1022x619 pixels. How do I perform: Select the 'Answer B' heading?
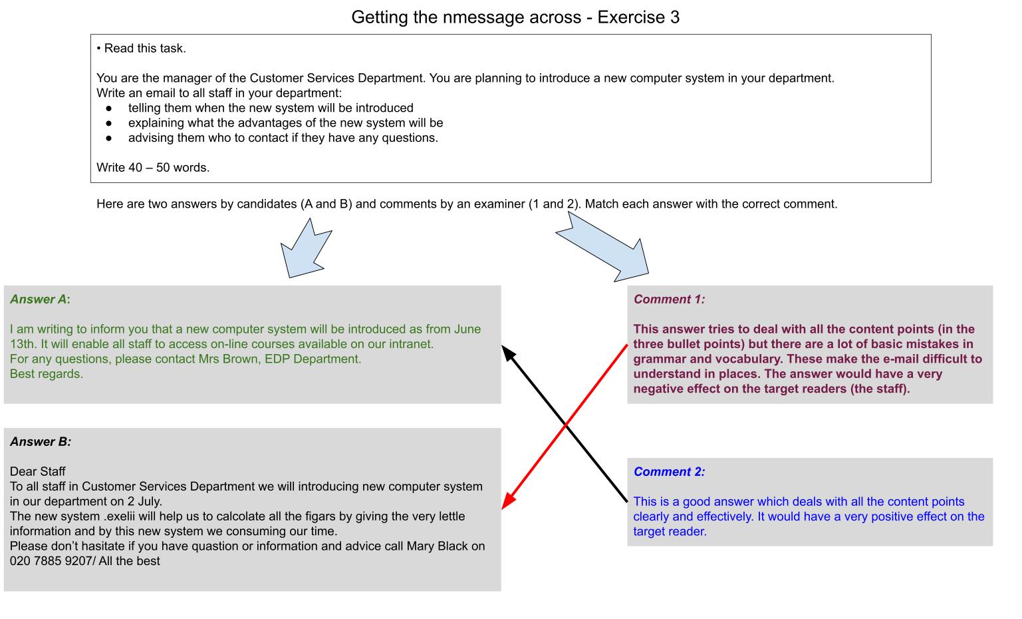click(x=41, y=442)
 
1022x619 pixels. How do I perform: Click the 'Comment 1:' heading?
click(x=669, y=300)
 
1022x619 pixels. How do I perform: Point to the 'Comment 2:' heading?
click(x=669, y=471)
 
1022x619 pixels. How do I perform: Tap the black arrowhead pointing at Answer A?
click(x=508, y=353)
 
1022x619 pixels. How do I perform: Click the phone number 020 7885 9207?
click(x=51, y=561)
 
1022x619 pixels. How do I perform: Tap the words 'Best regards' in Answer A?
click(x=45, y=374)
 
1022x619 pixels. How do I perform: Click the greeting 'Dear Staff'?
click(x=37, y=471)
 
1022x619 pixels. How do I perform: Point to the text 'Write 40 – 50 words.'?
click(x=153, y=168)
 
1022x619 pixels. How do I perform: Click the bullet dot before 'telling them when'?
click(x=108, y=108)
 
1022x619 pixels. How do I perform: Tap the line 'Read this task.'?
click(x=145, y=49)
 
